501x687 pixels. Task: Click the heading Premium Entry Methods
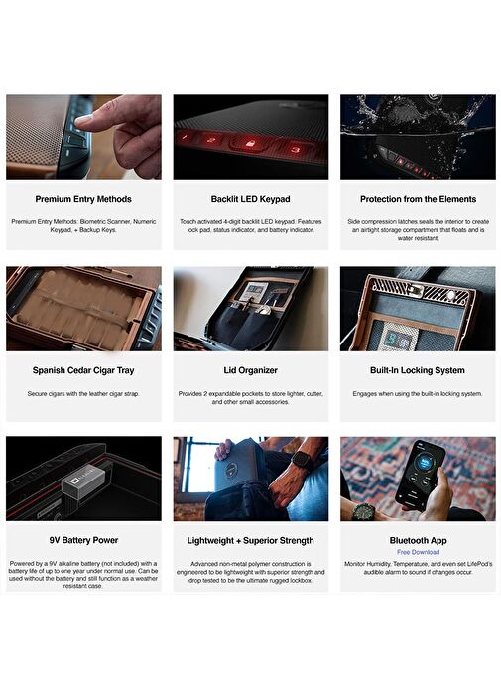point(83,199)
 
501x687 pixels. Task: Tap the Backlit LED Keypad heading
point(250,199)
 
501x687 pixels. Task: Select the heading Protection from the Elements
point(418,199)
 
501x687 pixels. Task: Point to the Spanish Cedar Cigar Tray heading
point(83,370)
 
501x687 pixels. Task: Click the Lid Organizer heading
point(250,370)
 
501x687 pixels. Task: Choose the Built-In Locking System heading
point(418,370)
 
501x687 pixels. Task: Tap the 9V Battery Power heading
point(83,540)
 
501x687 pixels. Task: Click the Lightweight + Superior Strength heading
point(250,541)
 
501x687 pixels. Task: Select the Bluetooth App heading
point(419,541)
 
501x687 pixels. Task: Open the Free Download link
point(419,552)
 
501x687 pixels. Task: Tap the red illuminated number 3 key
point(296,149)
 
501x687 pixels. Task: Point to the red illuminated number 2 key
point(211,140)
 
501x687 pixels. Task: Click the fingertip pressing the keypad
point(83,119)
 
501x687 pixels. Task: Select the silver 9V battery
point(83,482)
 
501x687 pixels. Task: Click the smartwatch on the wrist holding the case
point(300,460)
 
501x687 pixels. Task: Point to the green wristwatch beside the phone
point(363,511)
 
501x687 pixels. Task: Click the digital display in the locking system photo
point(394,336)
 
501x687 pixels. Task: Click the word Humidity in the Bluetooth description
point(378,564)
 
